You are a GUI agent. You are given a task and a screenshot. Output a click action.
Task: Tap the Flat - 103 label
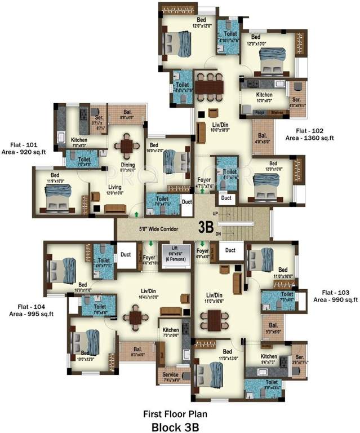point(336,293)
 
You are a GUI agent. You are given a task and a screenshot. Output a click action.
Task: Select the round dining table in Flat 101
point(128,147)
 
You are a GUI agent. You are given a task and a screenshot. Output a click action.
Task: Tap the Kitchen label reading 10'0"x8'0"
point(264,98)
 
